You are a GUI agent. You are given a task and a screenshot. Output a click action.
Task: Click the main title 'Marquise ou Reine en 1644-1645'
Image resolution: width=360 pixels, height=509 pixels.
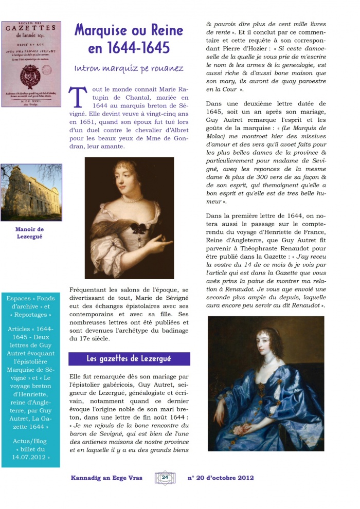click(129, 39)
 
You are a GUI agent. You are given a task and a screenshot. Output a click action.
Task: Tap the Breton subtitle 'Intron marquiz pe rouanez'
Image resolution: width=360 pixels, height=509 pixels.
click(129, 68)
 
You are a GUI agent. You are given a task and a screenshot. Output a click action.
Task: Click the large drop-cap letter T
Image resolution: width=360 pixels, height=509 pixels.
click(77, 98)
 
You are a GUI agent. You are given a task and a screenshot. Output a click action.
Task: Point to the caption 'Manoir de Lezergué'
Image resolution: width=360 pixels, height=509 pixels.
click(29, 233)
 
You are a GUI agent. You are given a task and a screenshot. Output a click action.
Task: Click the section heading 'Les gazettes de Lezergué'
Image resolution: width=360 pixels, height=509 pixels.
click(129, 358)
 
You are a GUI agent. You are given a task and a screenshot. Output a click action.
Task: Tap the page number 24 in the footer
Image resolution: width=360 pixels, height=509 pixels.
click(165, 478)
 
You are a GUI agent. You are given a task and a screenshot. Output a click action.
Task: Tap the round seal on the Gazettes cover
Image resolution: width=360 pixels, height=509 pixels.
click(30, 76)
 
